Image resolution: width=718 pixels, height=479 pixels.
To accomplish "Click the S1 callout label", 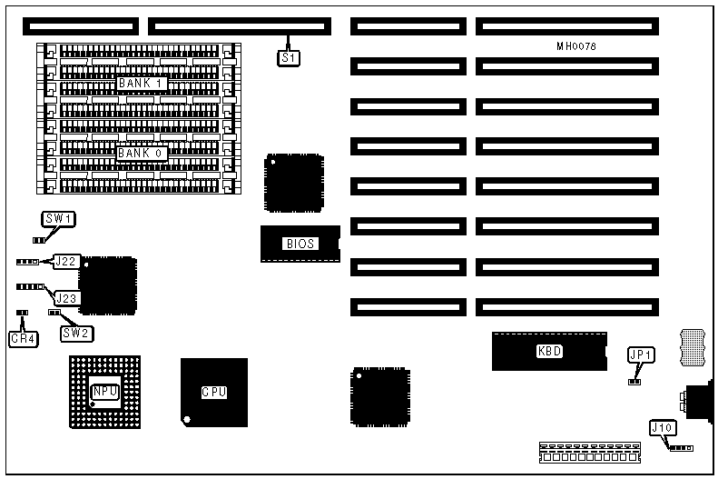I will (x=288, y=57).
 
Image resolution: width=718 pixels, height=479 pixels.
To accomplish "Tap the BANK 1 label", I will (x=140, y=84).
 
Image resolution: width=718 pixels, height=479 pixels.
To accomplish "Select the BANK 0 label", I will (x=140, y=153).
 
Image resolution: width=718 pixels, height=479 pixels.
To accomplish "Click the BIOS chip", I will (x=300, y=244).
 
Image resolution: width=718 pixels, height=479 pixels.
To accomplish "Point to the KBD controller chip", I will (x=549, y=351).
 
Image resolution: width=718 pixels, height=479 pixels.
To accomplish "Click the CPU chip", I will (x=213, y=392).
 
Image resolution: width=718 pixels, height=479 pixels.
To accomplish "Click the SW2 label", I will (x=76, y=333).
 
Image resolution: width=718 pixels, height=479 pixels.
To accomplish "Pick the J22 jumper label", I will (x=65, y=262).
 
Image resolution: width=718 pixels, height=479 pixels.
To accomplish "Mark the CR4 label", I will (x=22, y=339).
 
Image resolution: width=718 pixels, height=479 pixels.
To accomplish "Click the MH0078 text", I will (x=576, y=45).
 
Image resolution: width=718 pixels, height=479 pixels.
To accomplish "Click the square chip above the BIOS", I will (x=294, y=184).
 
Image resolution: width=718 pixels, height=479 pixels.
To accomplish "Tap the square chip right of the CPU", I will (x=380, y=396).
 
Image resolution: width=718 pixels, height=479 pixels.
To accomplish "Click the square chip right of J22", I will (x=108, y=285).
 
